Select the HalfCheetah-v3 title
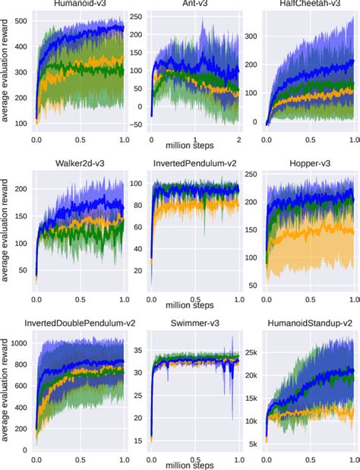click(x=310, y=5)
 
